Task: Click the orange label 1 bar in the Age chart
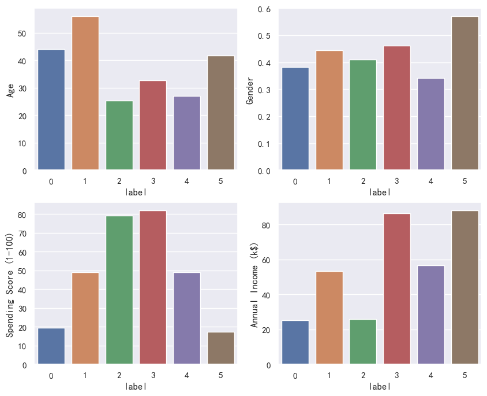[85, 93]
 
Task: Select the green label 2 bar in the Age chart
[119, 135]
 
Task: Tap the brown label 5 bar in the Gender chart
[464, 93]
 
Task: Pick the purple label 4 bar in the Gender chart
[431, 124]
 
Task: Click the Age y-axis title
[11, 90]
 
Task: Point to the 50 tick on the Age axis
[22, 34]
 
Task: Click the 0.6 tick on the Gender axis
[264, 9]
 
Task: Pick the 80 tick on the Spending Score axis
[22, 215]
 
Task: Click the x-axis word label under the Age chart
[136, 192]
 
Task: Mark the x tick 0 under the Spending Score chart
[51, 376]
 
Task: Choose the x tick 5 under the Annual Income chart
[464, 376]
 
